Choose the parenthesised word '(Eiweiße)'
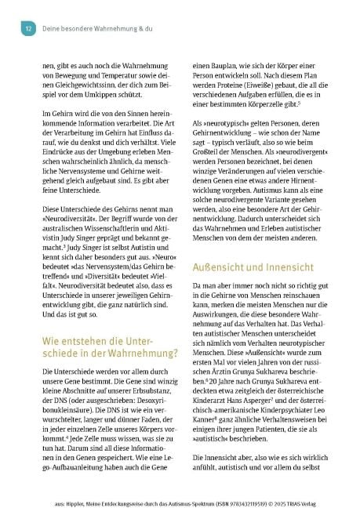click(x=272, y=82)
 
